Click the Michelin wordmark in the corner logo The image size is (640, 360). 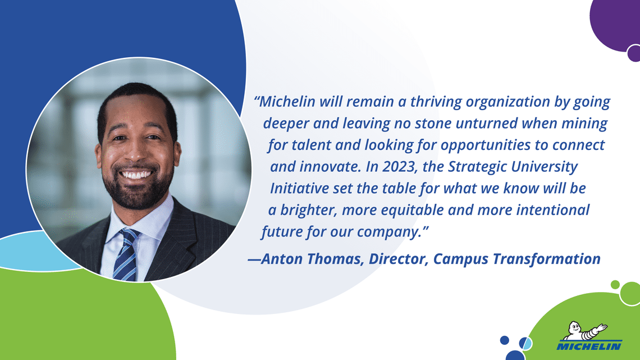coord(589,346)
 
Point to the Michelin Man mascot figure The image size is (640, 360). coord(584,331)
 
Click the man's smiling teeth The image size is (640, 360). coord(136,175)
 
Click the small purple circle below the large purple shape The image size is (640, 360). coord(634,53)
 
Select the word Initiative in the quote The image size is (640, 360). coord(300,189)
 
